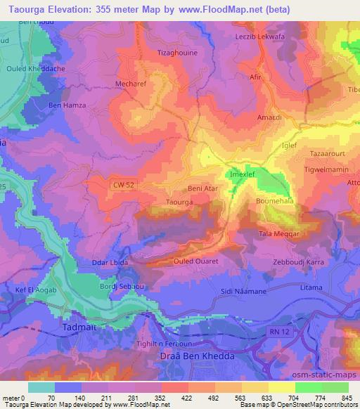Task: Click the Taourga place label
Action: [x=160, y=202]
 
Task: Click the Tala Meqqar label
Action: [x=281, y=234]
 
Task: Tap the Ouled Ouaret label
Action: [x=196, y=261]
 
